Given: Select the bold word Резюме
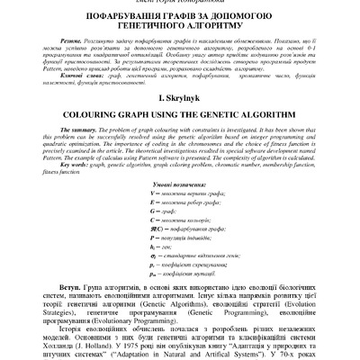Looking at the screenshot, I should (79, 41).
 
